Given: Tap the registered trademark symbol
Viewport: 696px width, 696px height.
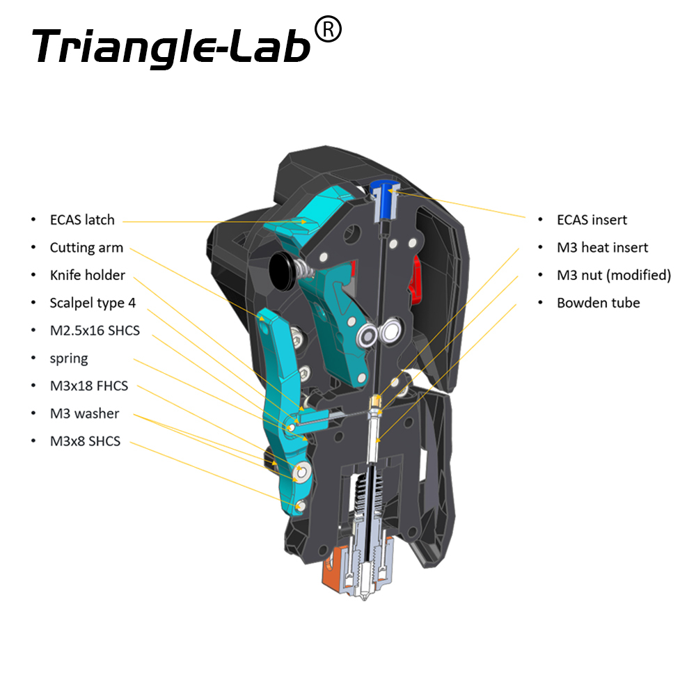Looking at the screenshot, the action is [328, 30].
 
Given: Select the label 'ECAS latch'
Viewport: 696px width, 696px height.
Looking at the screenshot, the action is [82, 220].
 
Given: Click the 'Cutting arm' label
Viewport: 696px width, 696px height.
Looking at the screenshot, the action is [86, 248].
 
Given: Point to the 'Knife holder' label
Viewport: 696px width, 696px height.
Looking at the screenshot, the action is [88, 275].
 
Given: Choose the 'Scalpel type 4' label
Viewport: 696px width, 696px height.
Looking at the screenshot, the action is [93, 303].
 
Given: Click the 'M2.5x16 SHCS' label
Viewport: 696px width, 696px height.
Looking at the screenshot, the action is [95, 331].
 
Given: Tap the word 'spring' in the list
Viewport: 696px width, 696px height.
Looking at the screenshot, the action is [69, 358].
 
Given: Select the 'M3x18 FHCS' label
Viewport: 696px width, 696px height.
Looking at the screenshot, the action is [89, 386].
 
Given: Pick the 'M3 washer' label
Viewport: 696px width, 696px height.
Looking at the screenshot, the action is [84, 413].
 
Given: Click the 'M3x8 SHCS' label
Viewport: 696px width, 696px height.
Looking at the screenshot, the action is [85, 441].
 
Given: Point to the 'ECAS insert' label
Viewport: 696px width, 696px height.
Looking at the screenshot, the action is [592, 220].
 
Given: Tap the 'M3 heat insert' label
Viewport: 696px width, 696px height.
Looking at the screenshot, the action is [602, 248].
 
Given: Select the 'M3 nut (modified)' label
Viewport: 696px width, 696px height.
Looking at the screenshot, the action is [614, 275].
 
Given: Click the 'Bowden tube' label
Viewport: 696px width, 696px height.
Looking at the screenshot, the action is [599, 303].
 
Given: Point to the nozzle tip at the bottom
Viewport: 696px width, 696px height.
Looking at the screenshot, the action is [365, 598].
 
